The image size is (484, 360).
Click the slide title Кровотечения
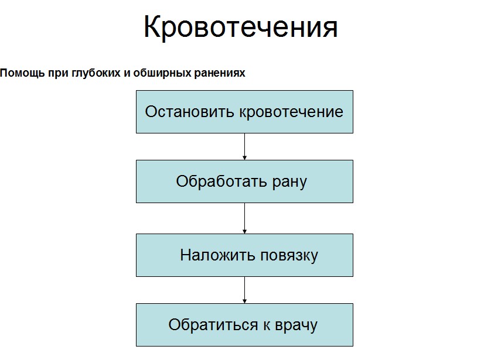pyautogui.click(x=241, y=27)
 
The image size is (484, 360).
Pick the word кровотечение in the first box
pyautogui.click(x=291, y=112)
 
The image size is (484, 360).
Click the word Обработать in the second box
pyautogui.click(x=221, y=181)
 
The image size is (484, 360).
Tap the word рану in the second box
pyautogui.click(x=289, y=182)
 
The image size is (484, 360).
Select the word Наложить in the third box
pyautogui.click(x=218, y=255)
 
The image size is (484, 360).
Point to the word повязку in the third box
pyautogui.click(x=289, y=256)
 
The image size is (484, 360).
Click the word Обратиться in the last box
pyautogui.click(x=213, y=325)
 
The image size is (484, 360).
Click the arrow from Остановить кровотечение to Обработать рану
pyautogui.click(x=244, y=146)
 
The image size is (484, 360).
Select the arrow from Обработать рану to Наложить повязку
pyautogui.click(x=244, y=218)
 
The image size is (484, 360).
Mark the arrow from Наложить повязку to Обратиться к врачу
pyautogui.click(x=244, y=290)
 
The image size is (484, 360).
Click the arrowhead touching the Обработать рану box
pyautogui.click(x=244, y=158)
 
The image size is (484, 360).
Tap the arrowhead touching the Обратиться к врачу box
pyautogui.click(x=244, y=301)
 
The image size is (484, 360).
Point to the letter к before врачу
pyautogui.click(x=266, y=326)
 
